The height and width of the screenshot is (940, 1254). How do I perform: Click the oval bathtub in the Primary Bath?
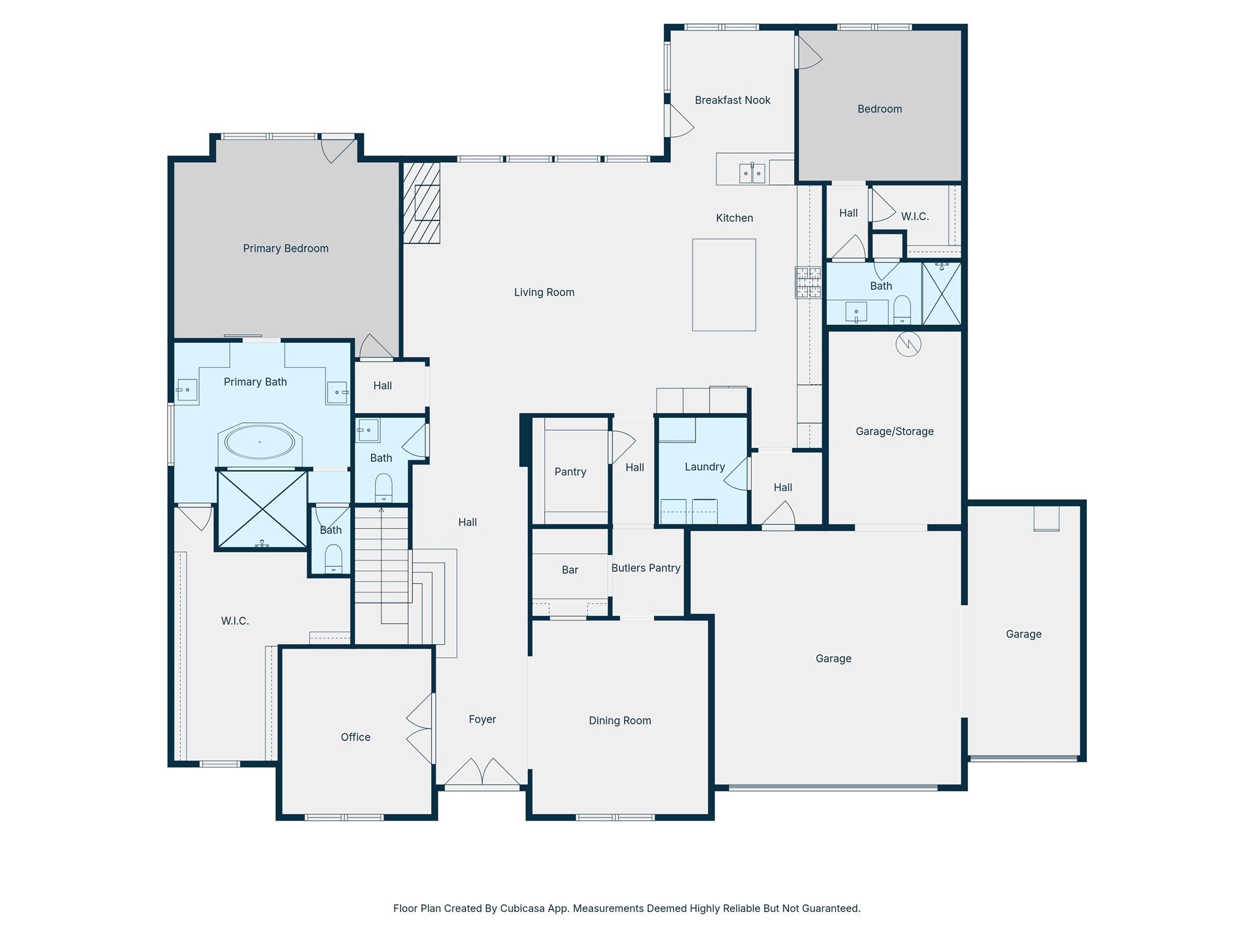(260, 442)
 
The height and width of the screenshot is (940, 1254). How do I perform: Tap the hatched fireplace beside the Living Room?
(421, 202)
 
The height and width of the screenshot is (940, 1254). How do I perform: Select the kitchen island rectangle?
(724, 285)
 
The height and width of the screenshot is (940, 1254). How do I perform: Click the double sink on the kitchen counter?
(752, 173)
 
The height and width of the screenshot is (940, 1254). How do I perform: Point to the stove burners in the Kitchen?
(808, 283)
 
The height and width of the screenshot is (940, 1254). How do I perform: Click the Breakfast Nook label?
(732, 100)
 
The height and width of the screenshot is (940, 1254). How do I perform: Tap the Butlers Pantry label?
(646, 568)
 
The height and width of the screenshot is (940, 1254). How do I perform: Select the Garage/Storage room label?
(895, 431)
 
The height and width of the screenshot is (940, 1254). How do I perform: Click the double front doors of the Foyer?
(482, 772)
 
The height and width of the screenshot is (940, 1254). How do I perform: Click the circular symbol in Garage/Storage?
(908, 344)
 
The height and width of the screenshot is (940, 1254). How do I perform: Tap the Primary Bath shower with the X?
(263, 509)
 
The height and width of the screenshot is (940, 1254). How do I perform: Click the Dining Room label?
(620, 720)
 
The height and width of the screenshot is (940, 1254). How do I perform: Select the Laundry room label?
(705, 467)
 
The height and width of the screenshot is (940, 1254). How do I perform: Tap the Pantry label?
(570, 472)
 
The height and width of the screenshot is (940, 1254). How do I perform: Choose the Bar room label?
(570, 570)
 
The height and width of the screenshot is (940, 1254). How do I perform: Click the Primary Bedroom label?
(285, 248)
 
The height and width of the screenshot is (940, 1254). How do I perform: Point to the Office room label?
(355, 737)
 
